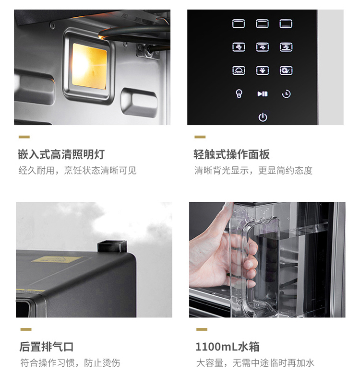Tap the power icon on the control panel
(263, 117)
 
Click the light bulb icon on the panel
(239, 94)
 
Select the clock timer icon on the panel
(286, 94)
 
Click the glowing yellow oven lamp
(89, 66)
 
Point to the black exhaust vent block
(112, 246)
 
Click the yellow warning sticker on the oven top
(57, 259)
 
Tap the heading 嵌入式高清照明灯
(61, 154)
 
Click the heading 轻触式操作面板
(231, 154)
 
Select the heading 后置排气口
(47, 347)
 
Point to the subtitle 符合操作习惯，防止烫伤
(70, 363)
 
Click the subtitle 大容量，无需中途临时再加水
(255, 363)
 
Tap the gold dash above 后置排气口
(26, 329)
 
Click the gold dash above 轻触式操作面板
(200, 137)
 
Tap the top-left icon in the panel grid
(239, 24)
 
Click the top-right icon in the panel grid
(286, 24)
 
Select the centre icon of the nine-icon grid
(263, 47)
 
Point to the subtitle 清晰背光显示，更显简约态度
(253, 170)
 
